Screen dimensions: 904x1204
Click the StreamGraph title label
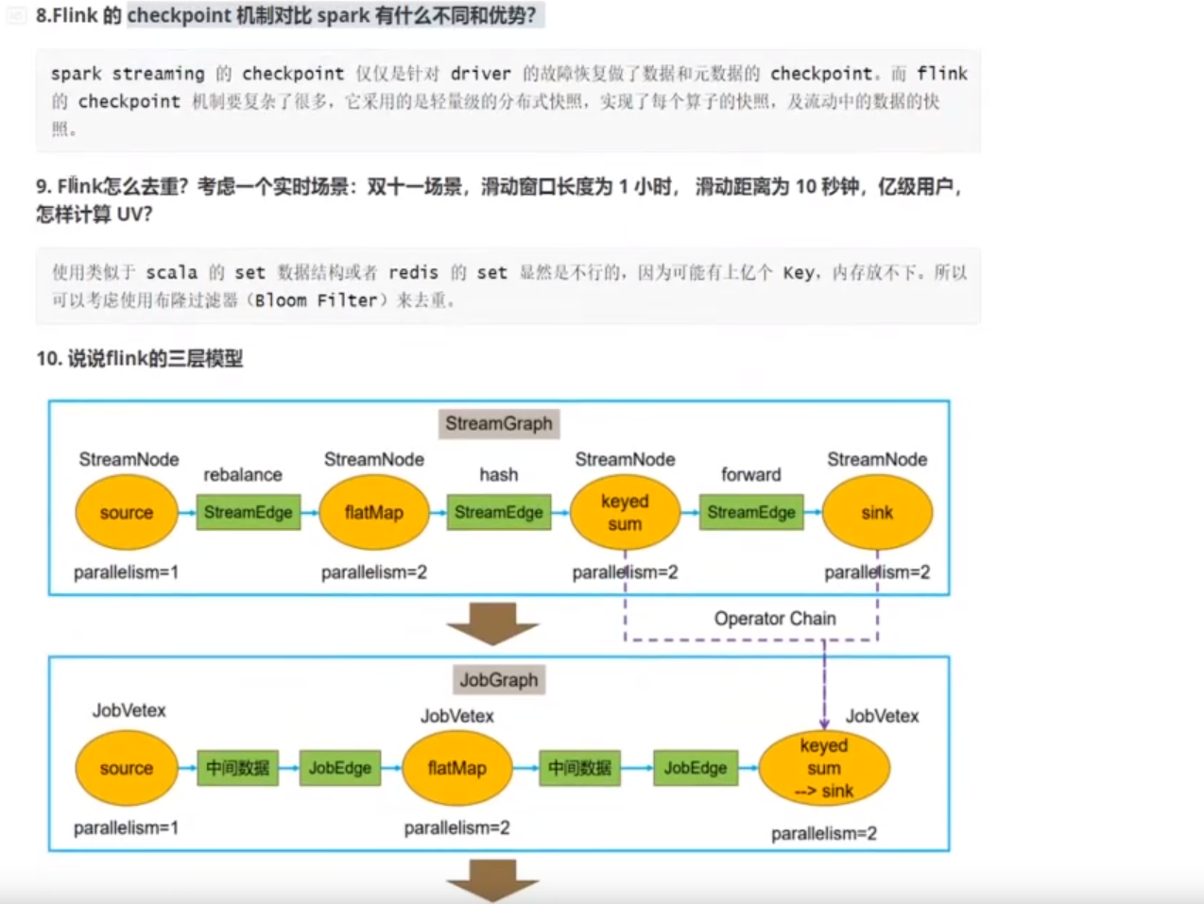(498, 423)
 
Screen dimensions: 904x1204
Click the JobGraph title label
(498, 679)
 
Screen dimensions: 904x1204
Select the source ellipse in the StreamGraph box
(127, 513)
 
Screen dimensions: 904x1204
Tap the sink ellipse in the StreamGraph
(877, 513)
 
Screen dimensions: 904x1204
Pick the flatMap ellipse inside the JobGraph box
(456, 768)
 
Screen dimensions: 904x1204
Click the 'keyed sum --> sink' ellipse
(824, 768)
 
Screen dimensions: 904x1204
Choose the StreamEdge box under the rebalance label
(249, 512)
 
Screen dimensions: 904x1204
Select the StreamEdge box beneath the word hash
(498, 512)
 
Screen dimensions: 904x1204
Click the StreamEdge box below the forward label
(751, 512)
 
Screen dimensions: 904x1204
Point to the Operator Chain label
(775, 619)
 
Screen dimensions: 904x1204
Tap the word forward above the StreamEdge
(751, 474)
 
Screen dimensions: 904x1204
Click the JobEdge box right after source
(340, 768)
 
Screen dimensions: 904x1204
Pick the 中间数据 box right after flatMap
(580, 768)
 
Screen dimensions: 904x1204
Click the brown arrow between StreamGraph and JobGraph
(492, 623)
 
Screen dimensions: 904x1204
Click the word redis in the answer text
(413, 272)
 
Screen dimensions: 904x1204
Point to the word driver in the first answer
(480, 74)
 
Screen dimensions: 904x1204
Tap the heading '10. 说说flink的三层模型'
(140, 358)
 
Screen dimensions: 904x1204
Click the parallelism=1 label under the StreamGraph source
(127, 571)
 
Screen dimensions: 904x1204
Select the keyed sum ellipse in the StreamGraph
(625, 513)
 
